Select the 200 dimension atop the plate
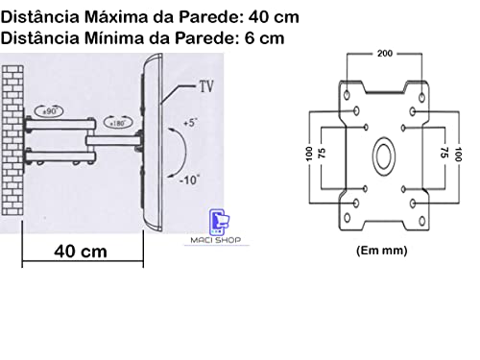coord(383,52)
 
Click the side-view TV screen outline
coord(151,144)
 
